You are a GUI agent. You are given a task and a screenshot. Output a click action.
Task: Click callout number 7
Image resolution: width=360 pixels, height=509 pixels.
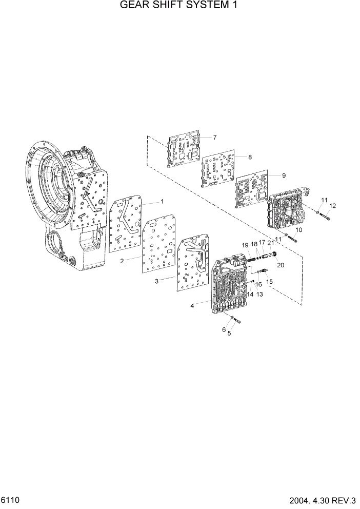click(215, 137)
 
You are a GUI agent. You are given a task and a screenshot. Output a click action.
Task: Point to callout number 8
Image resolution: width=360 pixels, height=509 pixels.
click(250, 156)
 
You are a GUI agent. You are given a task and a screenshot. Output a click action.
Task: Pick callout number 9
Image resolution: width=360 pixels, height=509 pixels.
click(284, 175)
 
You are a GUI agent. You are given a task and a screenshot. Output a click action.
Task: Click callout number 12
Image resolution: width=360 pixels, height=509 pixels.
click(332, 206)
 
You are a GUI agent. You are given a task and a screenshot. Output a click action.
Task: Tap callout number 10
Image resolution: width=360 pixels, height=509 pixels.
click(299, 230)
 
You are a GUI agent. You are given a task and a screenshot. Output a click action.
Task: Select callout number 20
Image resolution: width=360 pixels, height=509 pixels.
click(280, 265)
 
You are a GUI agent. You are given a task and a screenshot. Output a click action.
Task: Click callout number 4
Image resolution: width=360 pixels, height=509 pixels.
click(192, 306)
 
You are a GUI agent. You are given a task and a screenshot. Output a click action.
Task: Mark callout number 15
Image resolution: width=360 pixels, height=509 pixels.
click(269, 282)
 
